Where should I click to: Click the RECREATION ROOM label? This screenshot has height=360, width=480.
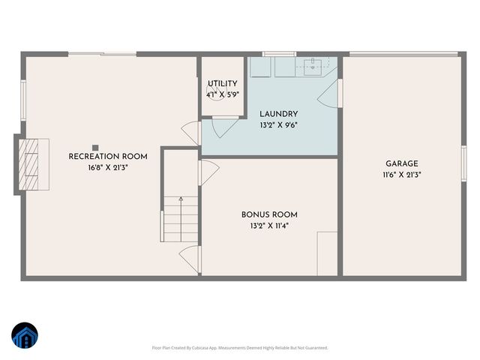[108, 157]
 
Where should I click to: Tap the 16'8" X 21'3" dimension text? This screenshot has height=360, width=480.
[108, 168]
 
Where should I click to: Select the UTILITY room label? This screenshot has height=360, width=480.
[223, 83]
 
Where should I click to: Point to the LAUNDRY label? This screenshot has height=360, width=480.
[279, 114]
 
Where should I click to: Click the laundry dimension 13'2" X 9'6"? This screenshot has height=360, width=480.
[279, 125]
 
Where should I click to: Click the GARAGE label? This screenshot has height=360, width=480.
[402, 163]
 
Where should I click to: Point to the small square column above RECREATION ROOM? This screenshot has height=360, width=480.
[95, 147]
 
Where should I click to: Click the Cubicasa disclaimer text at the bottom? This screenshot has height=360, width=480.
[240, 348]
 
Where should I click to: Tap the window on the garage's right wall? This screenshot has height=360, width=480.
[464, 163]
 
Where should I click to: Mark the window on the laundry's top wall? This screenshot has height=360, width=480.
[283, 53]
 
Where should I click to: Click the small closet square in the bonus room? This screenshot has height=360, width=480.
[328, 255]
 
